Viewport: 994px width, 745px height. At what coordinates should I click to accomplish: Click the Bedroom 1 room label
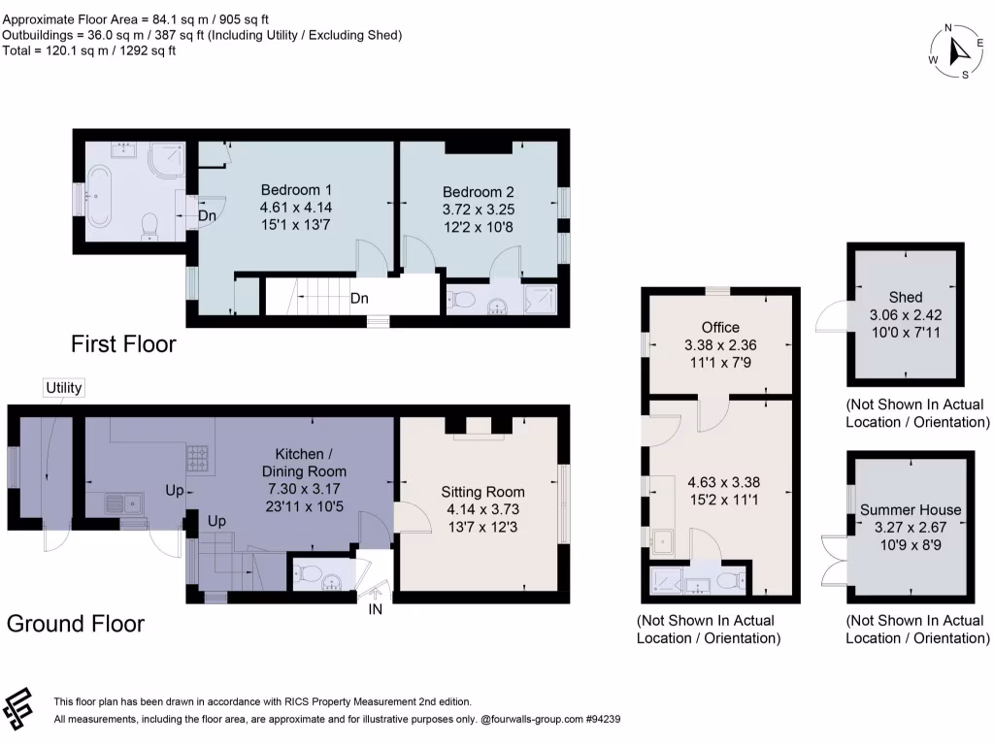click(x=296, y=189)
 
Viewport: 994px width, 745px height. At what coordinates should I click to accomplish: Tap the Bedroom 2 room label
click(x=479, y=191)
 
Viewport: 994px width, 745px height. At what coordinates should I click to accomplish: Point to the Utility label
click(x=64, y=388)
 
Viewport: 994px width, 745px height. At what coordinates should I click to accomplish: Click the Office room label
click(x=719, y=328)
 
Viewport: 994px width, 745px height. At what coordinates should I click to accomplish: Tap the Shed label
click(x=905, y=297)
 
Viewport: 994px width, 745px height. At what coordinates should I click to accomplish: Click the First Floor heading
click(x=122, y=343)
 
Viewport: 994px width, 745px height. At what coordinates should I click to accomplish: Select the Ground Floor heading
click(x=76, y=624)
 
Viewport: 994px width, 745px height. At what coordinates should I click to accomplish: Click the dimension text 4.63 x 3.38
click(x=719, y=482)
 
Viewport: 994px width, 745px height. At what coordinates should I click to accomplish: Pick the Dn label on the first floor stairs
click(x=359, y=299)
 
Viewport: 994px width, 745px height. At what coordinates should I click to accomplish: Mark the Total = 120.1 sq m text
click(x=88, y=50)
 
